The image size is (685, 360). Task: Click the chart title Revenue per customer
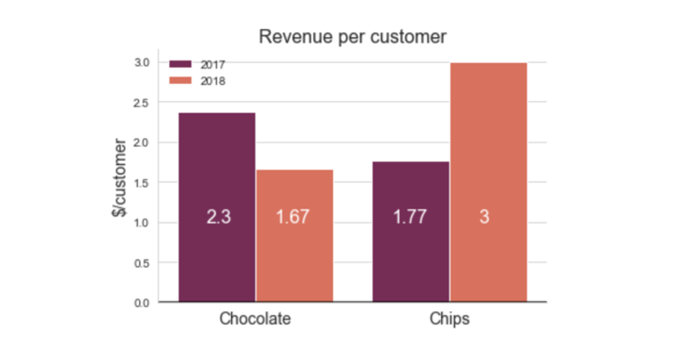(x=353, y=37)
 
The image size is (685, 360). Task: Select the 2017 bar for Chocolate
(x=218, y=208)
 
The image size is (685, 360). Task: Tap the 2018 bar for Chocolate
(x=295, y=235)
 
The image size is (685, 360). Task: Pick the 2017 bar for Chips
(x=411, y=232)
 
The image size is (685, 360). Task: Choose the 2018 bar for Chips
(x=489, y=182)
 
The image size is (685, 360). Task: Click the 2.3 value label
(x=218, y=217)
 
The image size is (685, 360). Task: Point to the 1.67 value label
(x=292, y=217)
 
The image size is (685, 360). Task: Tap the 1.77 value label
(x=410, y=217)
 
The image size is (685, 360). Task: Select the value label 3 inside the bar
(x=485, y=217)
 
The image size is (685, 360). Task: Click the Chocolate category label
(x=255, y=318)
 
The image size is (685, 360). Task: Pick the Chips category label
(x=449, y=318)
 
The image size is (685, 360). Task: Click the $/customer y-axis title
(x=119, y=178)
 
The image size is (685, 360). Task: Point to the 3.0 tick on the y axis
(x=142, y=62)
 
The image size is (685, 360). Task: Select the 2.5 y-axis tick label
(x=142, y=103)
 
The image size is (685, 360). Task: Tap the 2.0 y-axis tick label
(x=142, y=143)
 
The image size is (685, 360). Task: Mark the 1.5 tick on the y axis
(x=142, y=183)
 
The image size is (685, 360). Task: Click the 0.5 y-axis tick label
(x=142, y=263)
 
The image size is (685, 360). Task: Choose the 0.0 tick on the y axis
(x=142, y=303)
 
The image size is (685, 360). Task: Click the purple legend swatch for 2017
(x=181, y=64)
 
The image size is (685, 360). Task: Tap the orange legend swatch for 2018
(x=181, y=80)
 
